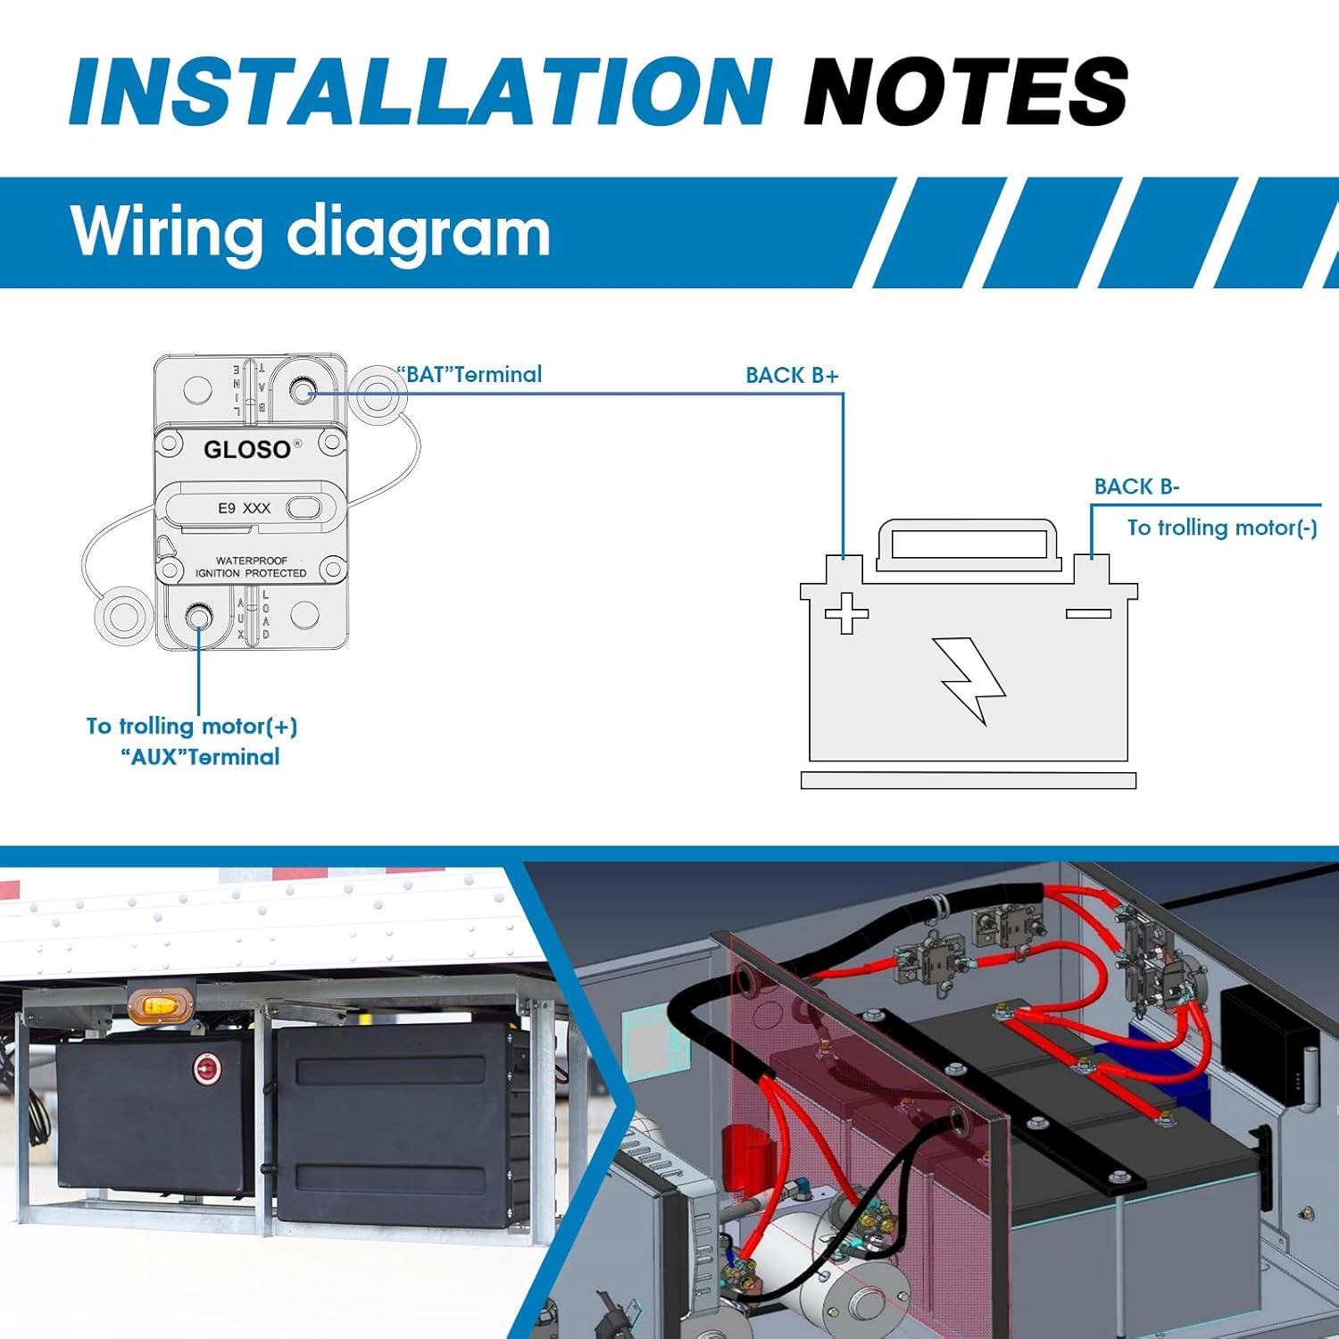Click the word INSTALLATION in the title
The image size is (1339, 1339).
click(420, 91)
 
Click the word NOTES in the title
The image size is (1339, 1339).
click(966, 91)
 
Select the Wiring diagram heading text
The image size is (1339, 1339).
click(310, 231)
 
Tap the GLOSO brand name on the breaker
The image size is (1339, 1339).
click(247, 449)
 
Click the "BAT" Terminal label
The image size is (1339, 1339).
click(470, 375)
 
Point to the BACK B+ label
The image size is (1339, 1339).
click(792, 376)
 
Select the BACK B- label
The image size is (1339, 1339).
click(1136, 487)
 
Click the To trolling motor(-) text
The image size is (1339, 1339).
click(1221, 528)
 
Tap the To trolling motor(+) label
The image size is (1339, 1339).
click(192, 726)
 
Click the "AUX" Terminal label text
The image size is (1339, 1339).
click(200, 757)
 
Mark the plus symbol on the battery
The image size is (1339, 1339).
click(846, 613)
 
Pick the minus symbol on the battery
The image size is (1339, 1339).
click(1088, 613)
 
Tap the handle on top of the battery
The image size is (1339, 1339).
click(968, 541)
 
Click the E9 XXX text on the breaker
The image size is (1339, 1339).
click(244, 508)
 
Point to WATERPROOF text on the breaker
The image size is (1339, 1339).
click(252, 561)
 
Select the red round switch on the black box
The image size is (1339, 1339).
click(207, 1068)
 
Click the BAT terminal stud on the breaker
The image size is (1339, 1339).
click(304, 390)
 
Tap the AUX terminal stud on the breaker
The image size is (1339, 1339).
click(198, 617)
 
